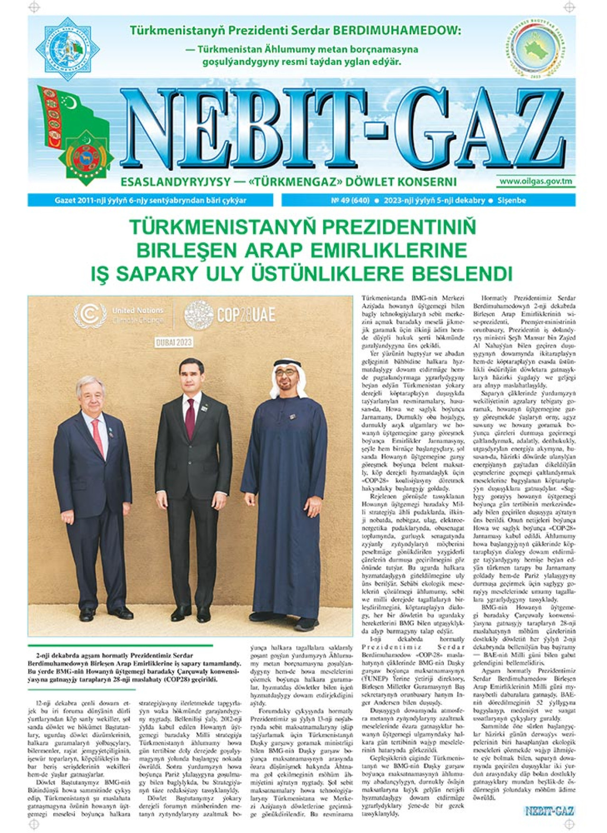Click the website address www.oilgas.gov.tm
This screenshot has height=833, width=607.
coord(535,181)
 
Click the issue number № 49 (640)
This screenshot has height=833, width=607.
coord(350,200)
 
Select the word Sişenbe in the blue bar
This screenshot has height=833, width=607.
coord(511,200)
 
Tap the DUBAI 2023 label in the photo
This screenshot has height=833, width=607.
coord(174,342)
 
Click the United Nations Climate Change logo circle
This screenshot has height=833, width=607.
coord(90,315)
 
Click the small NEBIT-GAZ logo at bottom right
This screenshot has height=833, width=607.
coord(549,811)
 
